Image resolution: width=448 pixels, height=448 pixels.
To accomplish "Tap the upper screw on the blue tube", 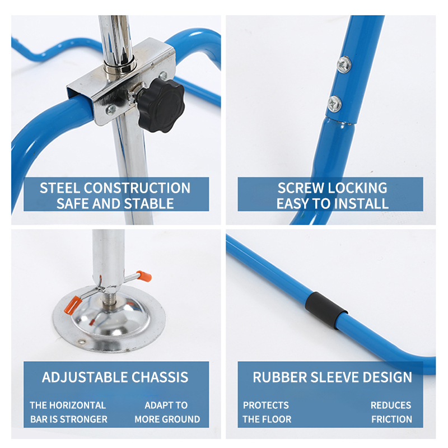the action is click(344, 64).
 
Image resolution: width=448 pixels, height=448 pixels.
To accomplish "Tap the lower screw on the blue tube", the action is click(334, 104).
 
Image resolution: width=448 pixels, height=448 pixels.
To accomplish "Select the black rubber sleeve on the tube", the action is click(326, 310).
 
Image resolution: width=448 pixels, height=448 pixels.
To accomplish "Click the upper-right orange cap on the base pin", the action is click(144, 276).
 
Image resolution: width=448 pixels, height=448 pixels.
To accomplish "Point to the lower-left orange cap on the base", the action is click(73, 305).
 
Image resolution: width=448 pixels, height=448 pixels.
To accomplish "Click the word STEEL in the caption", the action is click(60, 188).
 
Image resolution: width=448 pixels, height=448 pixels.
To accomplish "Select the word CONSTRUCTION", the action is click(137, 188).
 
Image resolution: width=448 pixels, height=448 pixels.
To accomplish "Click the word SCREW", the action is click(301, 188).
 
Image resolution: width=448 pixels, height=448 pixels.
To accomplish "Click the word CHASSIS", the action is click(160, 377).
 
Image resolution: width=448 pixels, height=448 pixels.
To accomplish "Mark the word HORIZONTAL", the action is click(77, 405).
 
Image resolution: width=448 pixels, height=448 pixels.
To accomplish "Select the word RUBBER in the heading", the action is click(279, 377).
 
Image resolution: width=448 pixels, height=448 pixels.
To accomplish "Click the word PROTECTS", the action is click(265, 405).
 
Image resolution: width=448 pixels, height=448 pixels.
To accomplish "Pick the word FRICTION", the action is click(391, 419).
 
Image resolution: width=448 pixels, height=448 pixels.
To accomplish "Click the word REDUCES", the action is click(391, 405).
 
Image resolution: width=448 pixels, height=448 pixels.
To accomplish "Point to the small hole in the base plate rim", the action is click(82, 342).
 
